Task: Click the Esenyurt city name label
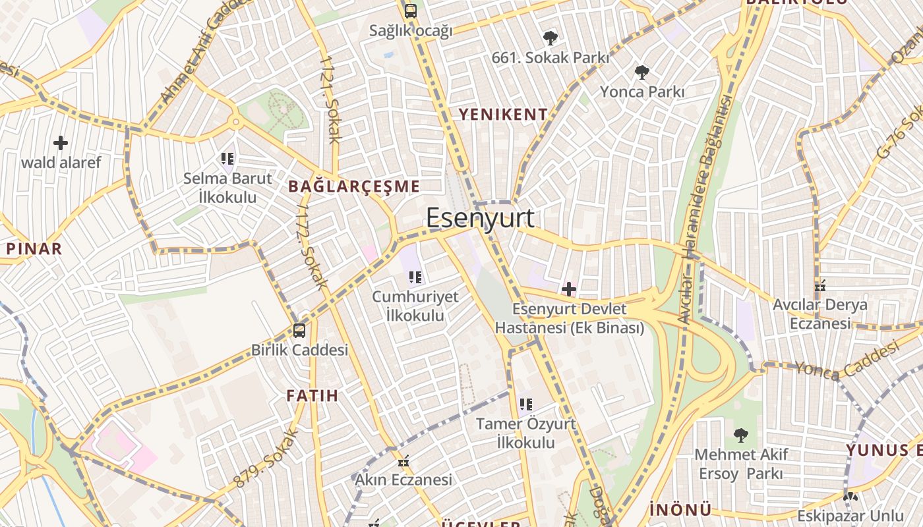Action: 480,218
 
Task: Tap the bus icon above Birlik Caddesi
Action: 299,330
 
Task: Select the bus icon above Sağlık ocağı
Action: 410,11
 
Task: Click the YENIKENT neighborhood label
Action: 503,115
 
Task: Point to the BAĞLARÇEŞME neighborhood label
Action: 354,186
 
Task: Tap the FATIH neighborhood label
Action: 312,396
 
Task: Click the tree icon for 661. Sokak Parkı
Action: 550,38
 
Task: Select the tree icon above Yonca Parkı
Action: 641,72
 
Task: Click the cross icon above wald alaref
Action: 61,142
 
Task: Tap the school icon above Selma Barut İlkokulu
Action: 227,158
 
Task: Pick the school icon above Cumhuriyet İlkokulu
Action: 415,277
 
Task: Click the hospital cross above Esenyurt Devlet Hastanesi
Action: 568,289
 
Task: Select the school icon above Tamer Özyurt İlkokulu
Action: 525,404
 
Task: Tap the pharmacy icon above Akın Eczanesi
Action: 403,460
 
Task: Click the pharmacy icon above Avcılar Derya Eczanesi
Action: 820,286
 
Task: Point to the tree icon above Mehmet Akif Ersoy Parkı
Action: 741,435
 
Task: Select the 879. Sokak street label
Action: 266,458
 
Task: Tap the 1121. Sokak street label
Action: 329,99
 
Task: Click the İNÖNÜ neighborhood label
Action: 680,510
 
